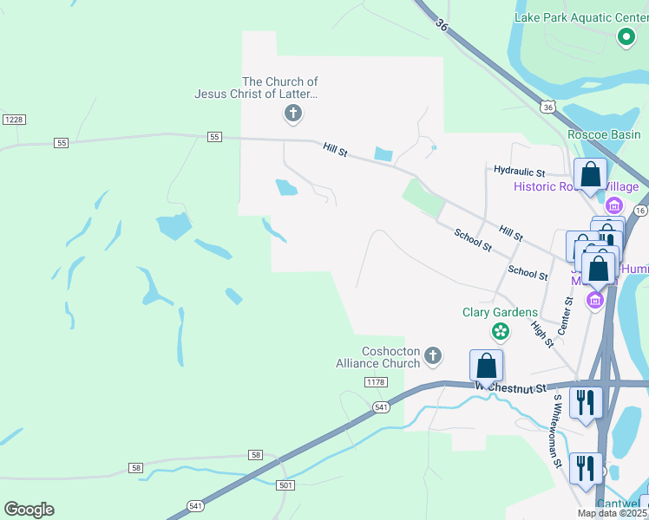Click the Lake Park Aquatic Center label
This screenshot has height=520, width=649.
(575, 16)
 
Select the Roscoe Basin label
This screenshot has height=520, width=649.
(604, 134)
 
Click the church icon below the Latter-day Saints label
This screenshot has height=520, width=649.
(293, 113)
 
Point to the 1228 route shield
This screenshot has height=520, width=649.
(13, 119)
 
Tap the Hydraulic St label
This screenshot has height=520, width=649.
(519, 172)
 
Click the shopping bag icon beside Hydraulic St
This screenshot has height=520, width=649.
(590, 174)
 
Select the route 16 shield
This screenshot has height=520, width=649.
(639, 211)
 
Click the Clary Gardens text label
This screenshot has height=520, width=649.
(500, 312)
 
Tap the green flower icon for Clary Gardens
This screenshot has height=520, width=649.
(500, 330)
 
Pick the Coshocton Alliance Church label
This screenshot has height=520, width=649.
(378, 357)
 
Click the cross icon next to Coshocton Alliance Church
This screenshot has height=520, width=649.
(433, 355)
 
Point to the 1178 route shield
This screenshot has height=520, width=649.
(375, 382)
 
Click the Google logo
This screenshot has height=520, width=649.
(29, 510)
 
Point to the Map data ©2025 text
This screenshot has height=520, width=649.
(613, 513)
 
